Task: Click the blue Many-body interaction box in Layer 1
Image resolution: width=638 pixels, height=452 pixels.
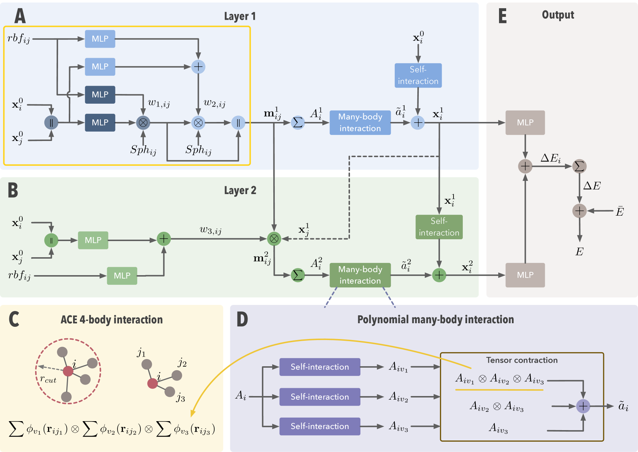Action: pyautogui.click(x=360, y=123)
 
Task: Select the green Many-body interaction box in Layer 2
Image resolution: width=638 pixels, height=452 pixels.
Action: pyautogui.click(x=360, y=275)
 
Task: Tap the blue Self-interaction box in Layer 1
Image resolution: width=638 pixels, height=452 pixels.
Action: pyautogui.click(x=418, y=75)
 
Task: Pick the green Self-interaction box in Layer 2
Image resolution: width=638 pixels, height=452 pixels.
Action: pyautogui.click(x=439, y=227)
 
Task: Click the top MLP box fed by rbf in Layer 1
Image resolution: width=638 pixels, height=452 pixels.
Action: pyautogui.click(x=100, y=39)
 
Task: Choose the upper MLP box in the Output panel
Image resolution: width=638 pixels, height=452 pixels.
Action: pyautogui.click(x=525, y=123)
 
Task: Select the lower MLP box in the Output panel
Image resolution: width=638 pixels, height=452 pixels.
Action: pyautogui.click(x=525, y=275)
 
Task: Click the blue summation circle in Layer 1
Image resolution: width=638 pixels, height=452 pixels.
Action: pyautogui.click(x=298, y=123)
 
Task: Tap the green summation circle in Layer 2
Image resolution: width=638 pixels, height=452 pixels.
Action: pyautogui.click(x=298, y=275)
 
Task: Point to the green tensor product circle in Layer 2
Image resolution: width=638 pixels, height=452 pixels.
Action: pyautogui.click(x=274, y=239)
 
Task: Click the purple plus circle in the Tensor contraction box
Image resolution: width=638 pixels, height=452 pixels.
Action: pyautogui.click(x=583, y=406)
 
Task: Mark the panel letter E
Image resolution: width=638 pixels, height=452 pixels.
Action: pyautogui.click(x=503, y=16)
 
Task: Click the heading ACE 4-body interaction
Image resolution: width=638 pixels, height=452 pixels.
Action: pyautogui.click(x=111, y=320)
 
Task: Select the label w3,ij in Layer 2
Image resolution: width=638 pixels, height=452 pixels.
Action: pyautogui.click(x=211, y=230)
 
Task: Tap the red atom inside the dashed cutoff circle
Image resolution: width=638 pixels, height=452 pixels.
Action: pyautogui.click(x=68, y=371)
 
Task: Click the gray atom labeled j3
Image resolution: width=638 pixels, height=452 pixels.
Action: pyautogui.click(x=170, y=392)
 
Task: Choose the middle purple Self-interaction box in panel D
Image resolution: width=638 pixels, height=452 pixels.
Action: pyautogui.click(x=320, y=397)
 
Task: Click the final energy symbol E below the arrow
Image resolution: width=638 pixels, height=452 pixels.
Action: pyautogui.click(x=579, y=252)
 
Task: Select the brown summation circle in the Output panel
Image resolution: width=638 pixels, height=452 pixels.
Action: pyautogui.click(x=579, y=166)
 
